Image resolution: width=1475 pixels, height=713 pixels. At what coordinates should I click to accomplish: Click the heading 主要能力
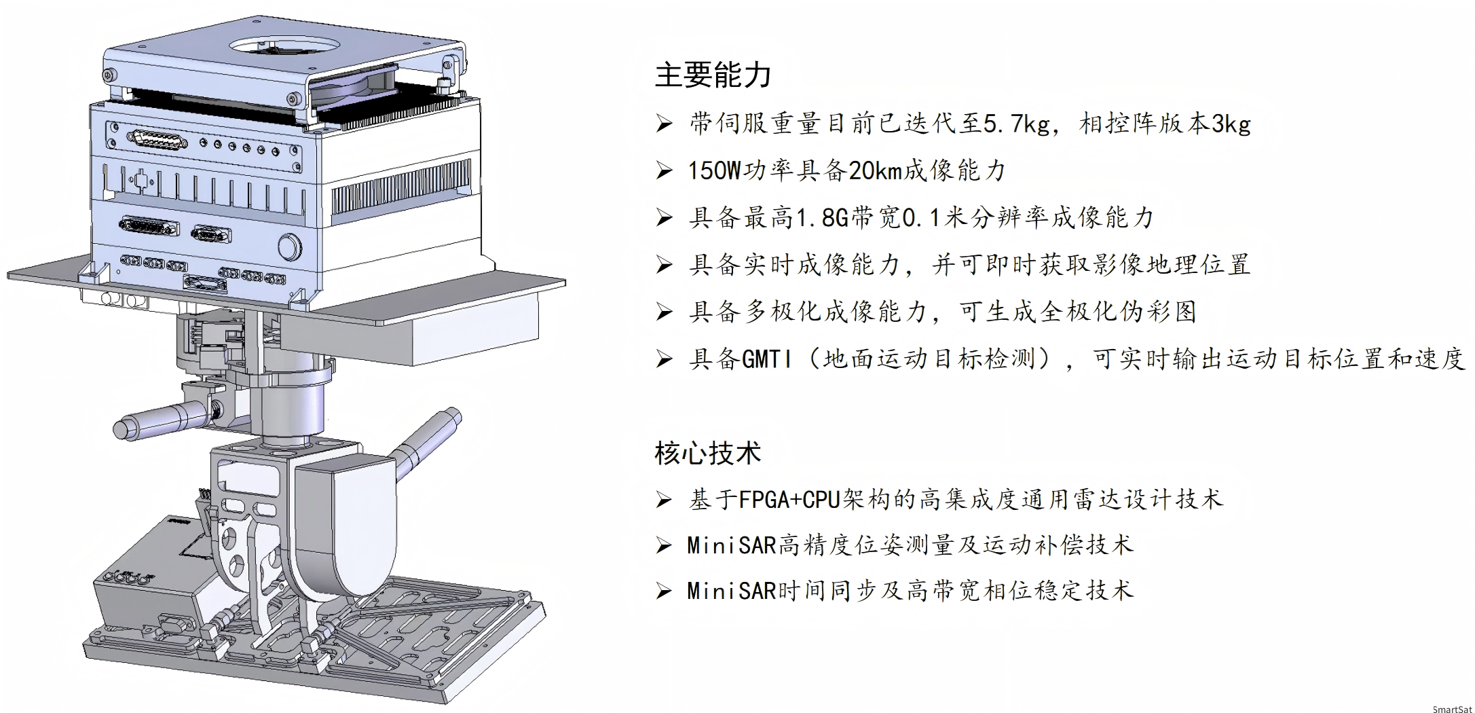point(713,75)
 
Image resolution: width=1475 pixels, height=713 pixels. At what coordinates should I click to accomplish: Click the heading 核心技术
point(707,453)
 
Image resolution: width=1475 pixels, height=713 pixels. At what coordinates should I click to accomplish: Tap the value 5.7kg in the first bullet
point(1016,124)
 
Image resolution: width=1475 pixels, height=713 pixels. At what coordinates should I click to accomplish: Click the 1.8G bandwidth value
point(822,218)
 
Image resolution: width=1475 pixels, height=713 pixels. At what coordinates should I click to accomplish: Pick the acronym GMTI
point(766,359)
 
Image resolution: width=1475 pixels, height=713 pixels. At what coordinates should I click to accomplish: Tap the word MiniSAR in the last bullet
point(731,591)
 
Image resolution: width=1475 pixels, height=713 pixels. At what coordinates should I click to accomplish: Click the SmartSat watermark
point(1452,709)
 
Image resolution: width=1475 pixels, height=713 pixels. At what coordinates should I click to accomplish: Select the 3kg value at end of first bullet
point(1231,124)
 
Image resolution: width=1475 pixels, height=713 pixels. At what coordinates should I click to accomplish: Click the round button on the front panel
point(289,247)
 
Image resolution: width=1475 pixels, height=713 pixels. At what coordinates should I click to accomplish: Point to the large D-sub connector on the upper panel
point(157,141)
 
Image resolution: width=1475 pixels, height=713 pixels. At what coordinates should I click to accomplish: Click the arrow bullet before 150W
point(664,170)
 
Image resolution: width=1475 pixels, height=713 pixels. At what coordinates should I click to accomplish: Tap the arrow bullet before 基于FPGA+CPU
point(664,500)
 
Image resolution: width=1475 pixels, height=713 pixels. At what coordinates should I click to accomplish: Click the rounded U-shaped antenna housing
point(346,523)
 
